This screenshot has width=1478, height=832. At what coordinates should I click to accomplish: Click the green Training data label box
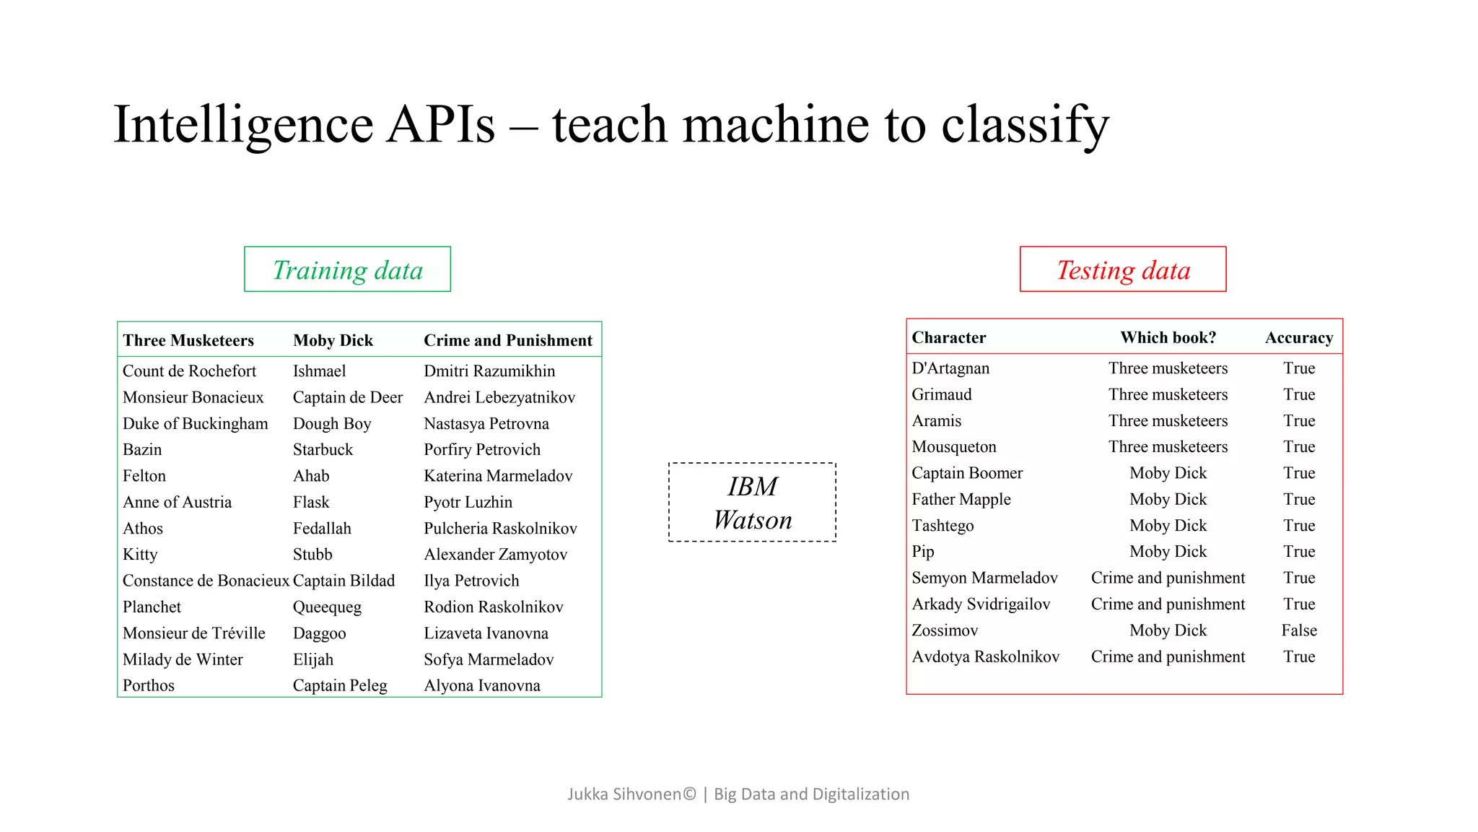(347, 269)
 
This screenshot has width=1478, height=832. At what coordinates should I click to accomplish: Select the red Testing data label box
(1123, 269)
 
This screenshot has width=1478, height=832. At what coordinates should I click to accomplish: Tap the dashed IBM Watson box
(752, 503)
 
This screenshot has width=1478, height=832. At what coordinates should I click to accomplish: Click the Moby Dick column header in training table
(333, 340)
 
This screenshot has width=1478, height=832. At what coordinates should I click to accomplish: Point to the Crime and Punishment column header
(507, 340)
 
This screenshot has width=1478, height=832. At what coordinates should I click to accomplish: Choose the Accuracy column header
(1298, 337)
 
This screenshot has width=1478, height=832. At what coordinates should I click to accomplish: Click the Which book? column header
(1168, 337)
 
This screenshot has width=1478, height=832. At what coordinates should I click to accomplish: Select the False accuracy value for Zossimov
(1298, 630)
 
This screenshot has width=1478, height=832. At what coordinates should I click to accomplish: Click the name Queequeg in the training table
(327, 607)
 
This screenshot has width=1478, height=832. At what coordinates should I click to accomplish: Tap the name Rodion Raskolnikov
(493, 607)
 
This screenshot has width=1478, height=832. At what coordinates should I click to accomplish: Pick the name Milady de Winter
(183, 659)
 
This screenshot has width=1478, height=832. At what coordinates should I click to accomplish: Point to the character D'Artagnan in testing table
(950, 368)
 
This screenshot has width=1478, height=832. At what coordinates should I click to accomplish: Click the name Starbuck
(323, 450)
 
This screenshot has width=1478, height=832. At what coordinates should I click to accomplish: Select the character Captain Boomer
(967, 473)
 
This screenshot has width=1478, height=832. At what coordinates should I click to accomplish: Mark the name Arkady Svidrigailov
(981, 604)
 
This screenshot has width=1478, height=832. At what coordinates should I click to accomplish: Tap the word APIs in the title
(441, 124)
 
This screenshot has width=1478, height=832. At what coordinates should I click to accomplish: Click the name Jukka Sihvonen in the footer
(624, 794)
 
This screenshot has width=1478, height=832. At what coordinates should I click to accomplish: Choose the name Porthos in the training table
(149, 685)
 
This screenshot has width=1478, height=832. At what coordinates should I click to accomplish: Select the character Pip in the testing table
(923, 552)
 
